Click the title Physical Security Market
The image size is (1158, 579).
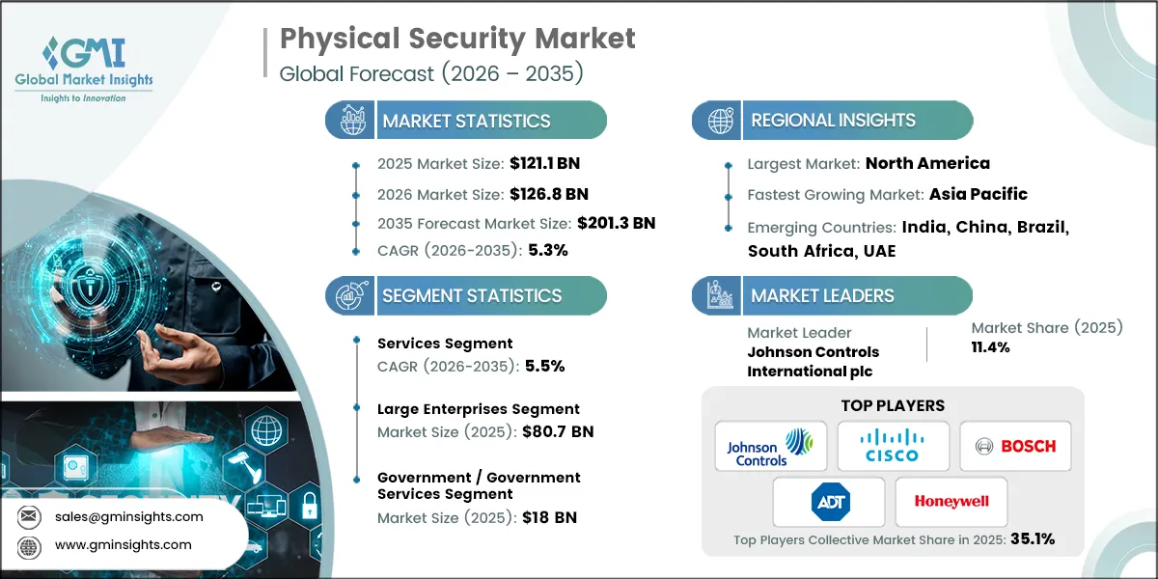(x=457, y=39)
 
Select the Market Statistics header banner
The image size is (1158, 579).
(x=466, y=121)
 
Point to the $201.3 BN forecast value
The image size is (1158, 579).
(x=616, y=223)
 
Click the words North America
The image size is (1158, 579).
(x=927, y=163)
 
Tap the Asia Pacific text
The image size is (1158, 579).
(x=978, y=194)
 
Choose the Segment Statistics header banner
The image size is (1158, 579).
(x=466, y=296)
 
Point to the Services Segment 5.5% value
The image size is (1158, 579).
(x=544, y=366)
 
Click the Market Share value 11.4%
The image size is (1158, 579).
(x=990, y=347)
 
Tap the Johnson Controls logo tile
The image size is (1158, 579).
(x=770, y=446)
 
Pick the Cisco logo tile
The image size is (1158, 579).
(x=893, y=446)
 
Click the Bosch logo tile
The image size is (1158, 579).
(x=1015, y=446)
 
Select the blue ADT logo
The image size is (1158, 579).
(x=829, y=502)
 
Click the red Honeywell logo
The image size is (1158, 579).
(x=951, y=502)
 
